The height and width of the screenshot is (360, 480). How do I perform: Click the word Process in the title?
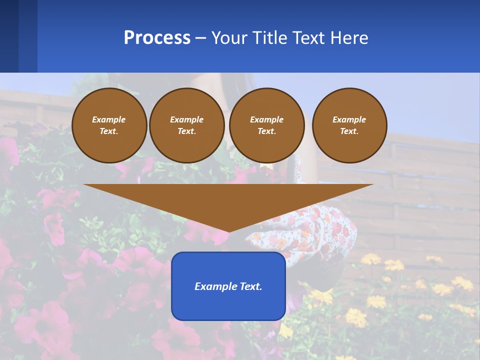click(x=157, y=38)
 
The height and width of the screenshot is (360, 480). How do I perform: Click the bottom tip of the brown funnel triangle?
click(x=228, y=230)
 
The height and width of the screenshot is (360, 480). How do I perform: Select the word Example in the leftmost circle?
click(x=109, y=119)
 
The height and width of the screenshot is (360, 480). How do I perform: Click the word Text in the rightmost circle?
click(x=349, y=131)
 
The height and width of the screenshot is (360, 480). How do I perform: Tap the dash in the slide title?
click(x=200, y=38)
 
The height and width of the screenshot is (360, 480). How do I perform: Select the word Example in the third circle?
click(x=266, y=119)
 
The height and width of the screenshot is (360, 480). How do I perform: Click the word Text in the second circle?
click(x=186, y=131)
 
